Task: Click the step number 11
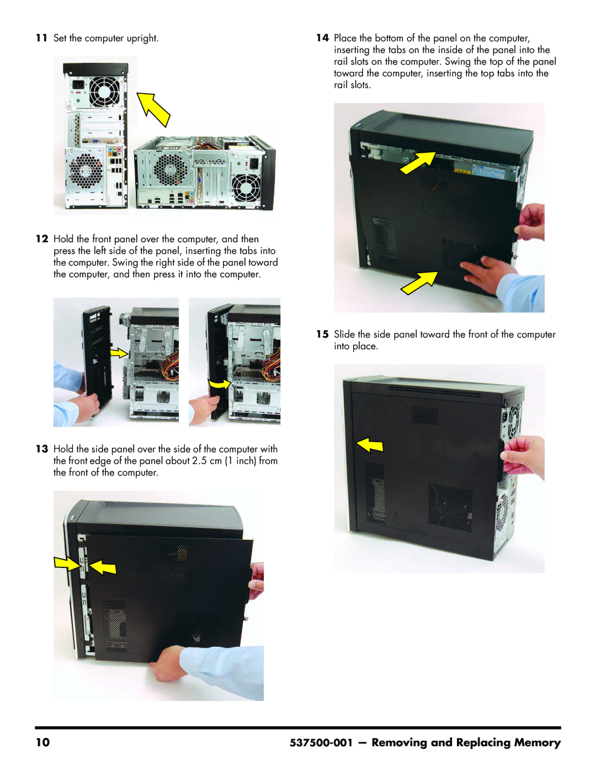coord(41,38)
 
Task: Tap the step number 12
coord(42,239)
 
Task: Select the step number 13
coord(42,449)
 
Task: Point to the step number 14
coord(322,38)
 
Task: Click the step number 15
coord(322,334)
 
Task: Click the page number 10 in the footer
coord(42,743)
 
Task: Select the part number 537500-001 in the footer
coord(321,743)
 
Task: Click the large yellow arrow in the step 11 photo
coord(153,109)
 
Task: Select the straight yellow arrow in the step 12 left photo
coord(119,353)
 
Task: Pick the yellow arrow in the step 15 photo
coord(370,445)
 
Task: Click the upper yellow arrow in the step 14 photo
coord(418,162)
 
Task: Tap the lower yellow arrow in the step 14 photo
coord(419,283)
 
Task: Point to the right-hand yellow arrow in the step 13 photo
coord(102,567)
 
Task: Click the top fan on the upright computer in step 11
coord(104,91)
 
